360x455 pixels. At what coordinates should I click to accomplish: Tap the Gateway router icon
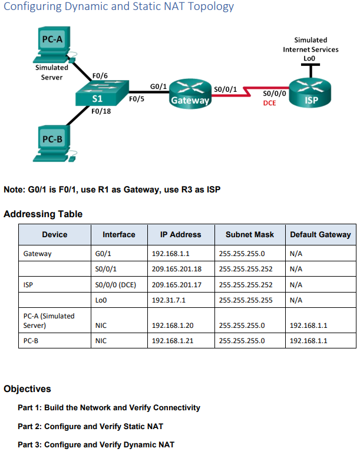point(190,93)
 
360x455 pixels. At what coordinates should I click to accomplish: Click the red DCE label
point(270,103)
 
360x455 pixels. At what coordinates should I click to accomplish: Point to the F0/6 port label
point(100,77)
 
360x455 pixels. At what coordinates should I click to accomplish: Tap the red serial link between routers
point(248,93)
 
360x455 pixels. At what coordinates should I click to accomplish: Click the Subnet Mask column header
point(250,234)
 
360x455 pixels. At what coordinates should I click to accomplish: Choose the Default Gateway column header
point(321,234)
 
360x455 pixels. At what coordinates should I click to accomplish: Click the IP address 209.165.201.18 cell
point(177,269)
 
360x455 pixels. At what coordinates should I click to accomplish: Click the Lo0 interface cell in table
point(100,300)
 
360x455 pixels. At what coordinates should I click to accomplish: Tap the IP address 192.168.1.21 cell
point(172,340)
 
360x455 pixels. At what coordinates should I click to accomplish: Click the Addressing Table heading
point(43,214)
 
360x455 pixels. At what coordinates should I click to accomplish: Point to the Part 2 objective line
point(90,426)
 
